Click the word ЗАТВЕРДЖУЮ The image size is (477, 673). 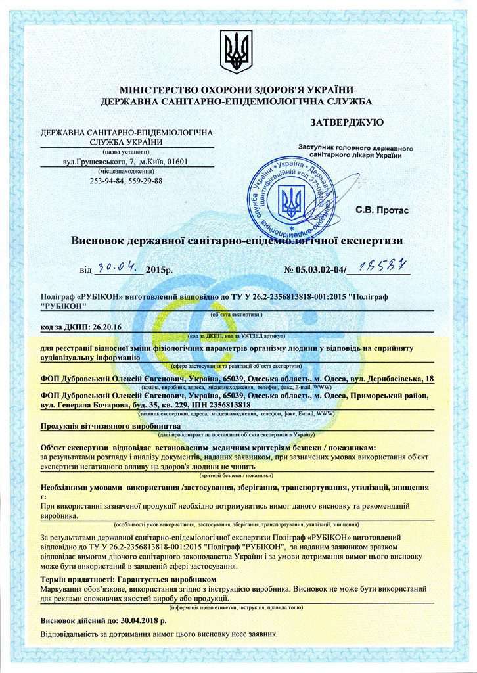[x=346, y=122]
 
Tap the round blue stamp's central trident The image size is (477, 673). [x=288, y=202]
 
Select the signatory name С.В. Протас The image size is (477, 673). [x=382, y=210]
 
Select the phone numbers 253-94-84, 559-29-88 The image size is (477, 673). [x=126, y=181]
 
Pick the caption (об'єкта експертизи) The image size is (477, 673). [x=237, y=315]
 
